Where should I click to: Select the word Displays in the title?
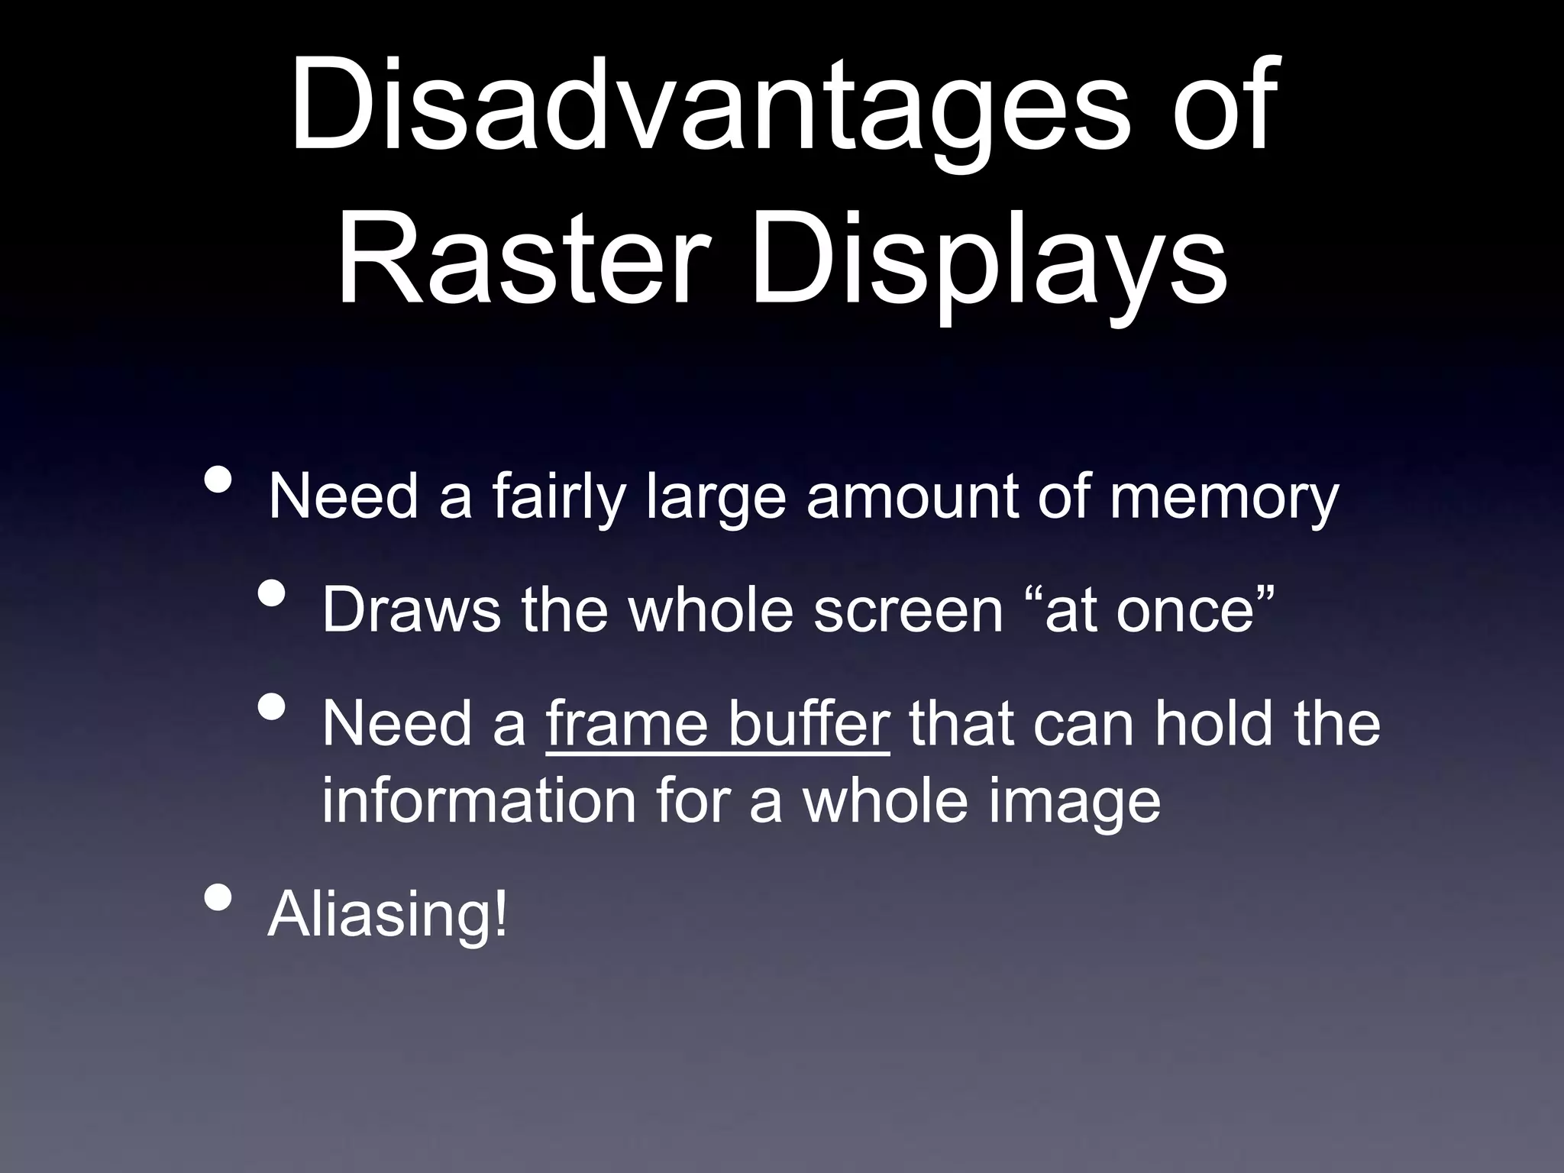989,263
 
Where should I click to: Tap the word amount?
912,498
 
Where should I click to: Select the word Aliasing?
387,915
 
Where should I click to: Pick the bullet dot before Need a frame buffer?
272,706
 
